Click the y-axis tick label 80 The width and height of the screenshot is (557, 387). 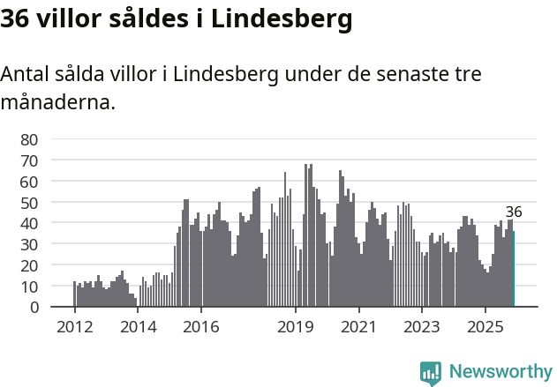pyautogui.click(x=29, y=139)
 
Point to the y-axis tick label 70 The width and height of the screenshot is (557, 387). pyautogui.click(x=29, y=160)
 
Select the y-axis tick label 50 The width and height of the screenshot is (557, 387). pyautogui.click(x=29, y=202)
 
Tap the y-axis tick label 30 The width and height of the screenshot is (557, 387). pyautogui.click(x=29, y=244)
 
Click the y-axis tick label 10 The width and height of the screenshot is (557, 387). pyautogui.click(x=29, y=287)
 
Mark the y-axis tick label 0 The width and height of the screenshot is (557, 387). pyautogui.click(x=34, y=308)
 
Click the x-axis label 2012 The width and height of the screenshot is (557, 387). pyautogui.click(x=74, y=327)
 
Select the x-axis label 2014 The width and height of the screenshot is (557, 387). pyautogui.click(x=138, y=327)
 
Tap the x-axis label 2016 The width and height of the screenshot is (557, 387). pyautogui.click(x=201, y=327)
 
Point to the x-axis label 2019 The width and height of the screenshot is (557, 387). pyautogui.click(x=296, y=327)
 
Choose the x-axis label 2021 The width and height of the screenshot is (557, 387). pyautogui.click(x=359, y=327)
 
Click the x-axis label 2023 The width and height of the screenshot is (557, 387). pyautogui.click(x=422, y=327)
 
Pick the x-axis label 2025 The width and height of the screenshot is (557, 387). pyautogui.click(x=485, y=327)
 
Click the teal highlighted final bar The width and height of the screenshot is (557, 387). pyautogui.click(x=513, y=269)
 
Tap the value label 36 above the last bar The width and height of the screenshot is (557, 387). pyautogui.click(x=514, y=212)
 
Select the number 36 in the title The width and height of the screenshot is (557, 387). pyautogui.click(x=17, y=19)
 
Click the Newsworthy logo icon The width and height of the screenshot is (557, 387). pyautogui.click(x=431, y=373)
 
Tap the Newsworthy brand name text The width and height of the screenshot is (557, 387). pyautogui.click(x=501, y=372)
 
